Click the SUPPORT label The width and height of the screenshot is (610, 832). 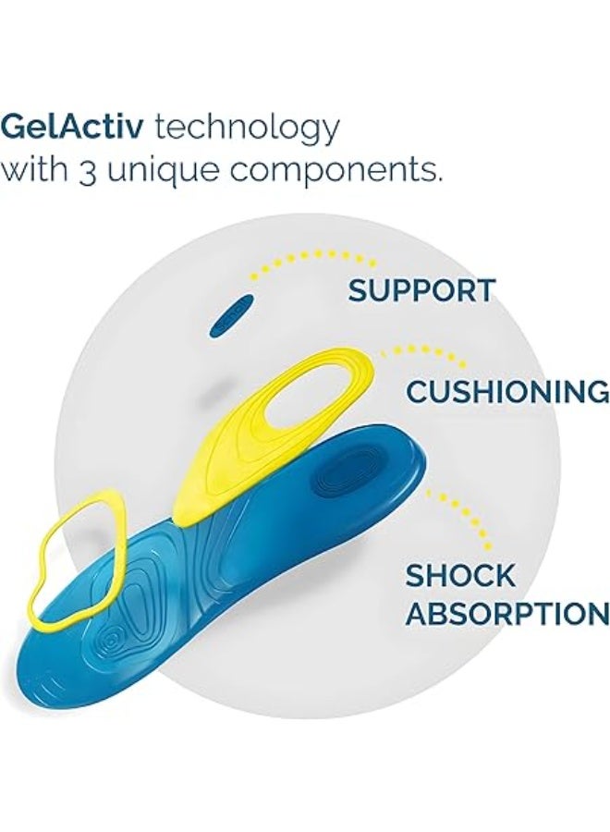click(x=421, y=291)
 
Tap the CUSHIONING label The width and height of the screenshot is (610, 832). click(x=507, y=392)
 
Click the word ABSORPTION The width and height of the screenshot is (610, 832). click(x=507, y=615)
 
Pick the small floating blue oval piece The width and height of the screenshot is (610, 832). click(x=232, y=315)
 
